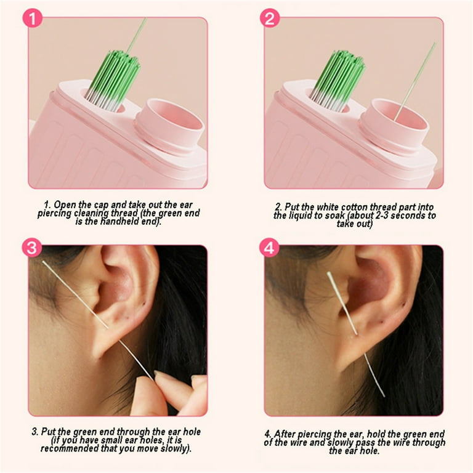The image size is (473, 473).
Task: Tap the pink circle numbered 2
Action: [x=270, y=19]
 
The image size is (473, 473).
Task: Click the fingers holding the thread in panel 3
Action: [x=176, y=388]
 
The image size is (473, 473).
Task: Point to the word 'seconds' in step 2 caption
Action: [x=404, y=216]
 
